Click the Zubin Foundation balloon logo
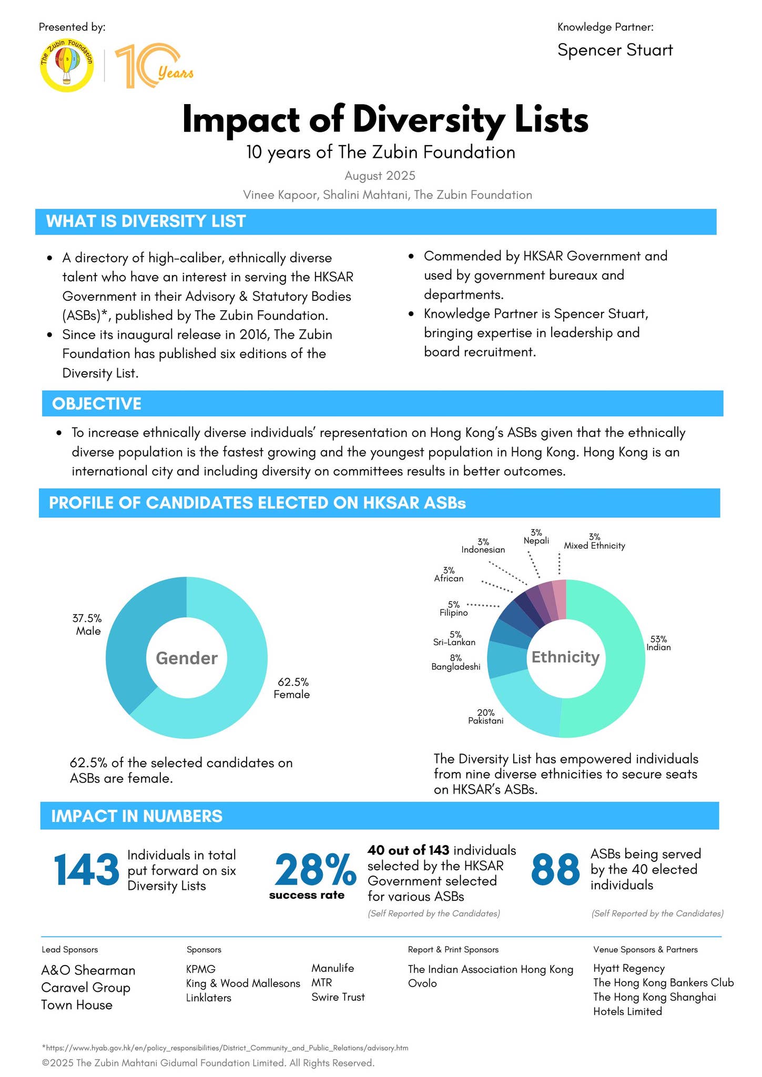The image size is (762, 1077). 67,66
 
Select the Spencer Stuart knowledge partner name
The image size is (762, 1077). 615,50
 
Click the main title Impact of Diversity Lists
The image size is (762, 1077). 385,120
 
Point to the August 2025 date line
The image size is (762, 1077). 380,176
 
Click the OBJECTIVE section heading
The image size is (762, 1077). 97,404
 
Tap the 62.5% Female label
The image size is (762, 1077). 292,688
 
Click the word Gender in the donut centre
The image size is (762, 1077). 187,658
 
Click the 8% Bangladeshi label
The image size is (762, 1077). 456,663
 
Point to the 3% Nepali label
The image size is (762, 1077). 536,537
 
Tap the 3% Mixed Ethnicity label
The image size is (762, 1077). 594,542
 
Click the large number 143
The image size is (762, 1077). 86,870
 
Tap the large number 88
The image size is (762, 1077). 555,870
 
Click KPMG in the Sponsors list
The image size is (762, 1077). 201,969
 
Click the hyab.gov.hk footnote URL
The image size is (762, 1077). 225,1048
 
